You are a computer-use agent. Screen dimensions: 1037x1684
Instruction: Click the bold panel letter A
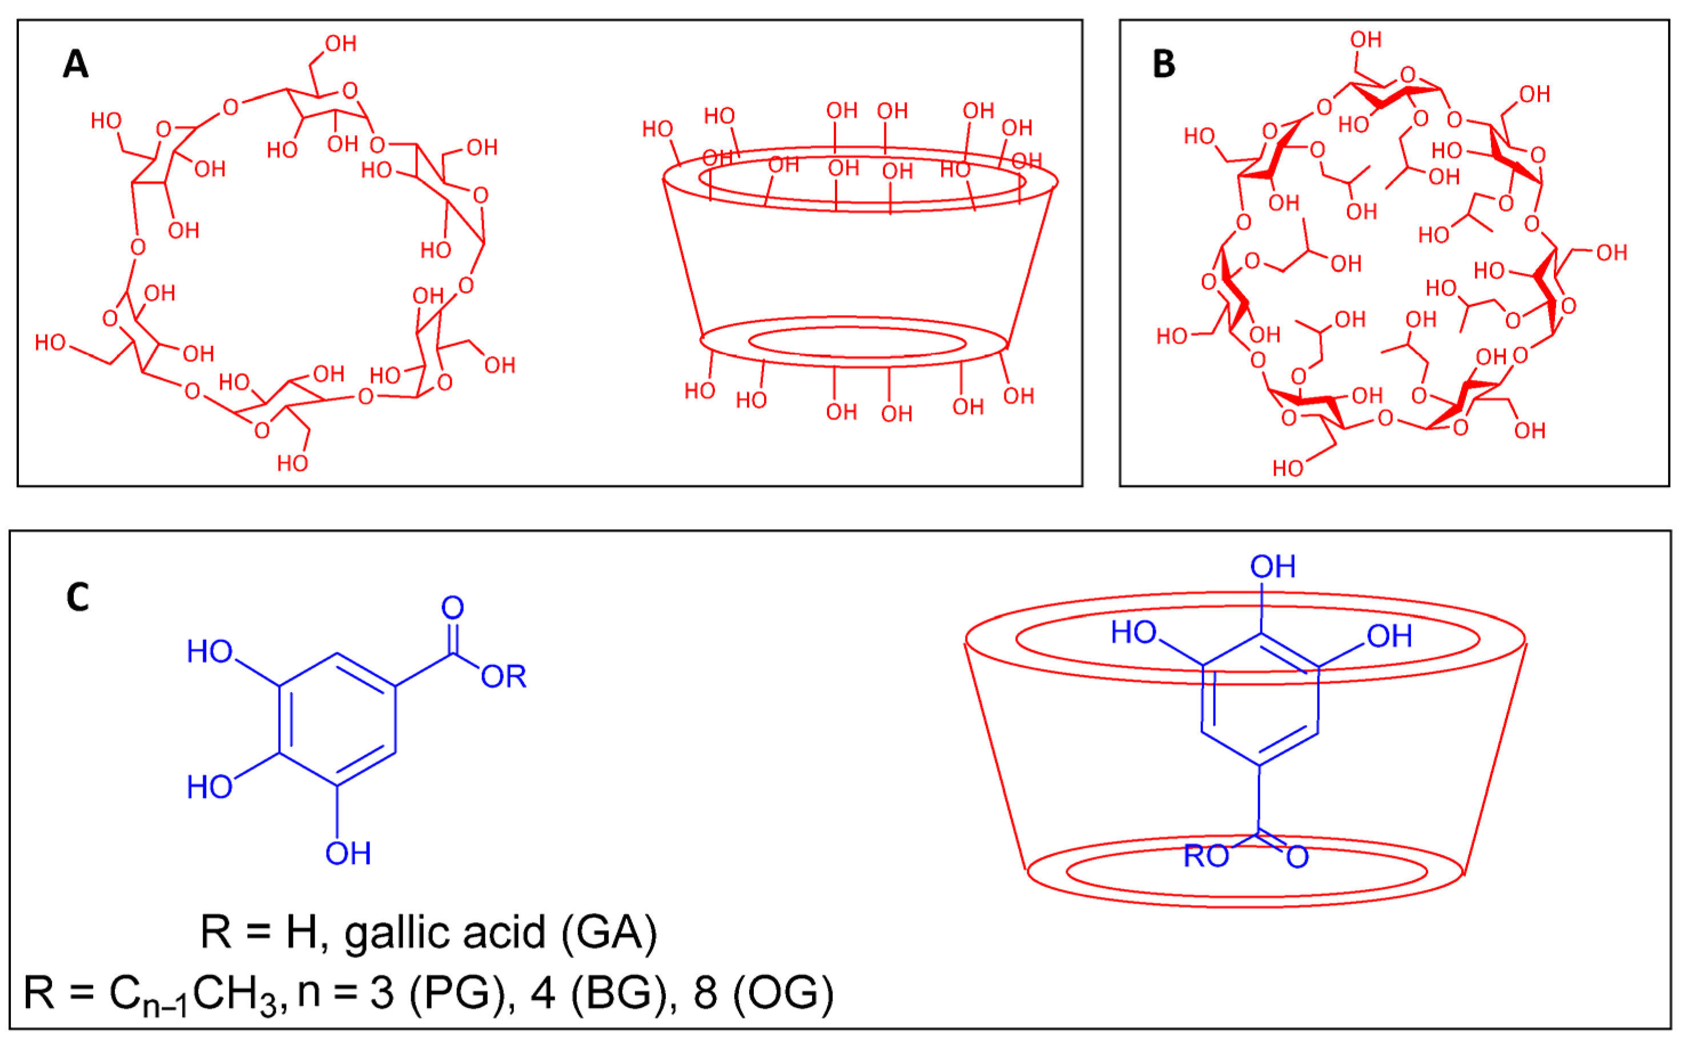75,65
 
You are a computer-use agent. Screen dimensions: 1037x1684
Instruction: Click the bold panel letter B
1164,65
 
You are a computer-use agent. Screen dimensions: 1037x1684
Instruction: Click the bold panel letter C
78,597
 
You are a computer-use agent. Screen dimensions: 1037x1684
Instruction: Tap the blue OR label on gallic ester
503,677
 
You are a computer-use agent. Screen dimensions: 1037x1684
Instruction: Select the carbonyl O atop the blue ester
452,608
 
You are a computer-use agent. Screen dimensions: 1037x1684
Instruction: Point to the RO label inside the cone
1207,857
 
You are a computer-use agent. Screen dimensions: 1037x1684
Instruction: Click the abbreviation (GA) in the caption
609,933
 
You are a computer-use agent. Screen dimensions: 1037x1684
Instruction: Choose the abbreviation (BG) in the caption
624,992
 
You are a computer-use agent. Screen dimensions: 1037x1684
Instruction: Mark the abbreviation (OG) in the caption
783,992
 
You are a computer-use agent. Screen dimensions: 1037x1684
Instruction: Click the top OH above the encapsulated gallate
1273,566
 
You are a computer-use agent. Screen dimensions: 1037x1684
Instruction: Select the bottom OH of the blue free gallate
348,854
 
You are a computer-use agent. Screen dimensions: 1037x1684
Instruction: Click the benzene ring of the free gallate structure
337,720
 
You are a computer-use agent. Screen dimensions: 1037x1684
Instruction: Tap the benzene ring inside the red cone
1260,700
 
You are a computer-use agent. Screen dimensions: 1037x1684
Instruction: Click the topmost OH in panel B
1366,40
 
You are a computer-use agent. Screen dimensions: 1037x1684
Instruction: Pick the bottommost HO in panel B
1288,468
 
